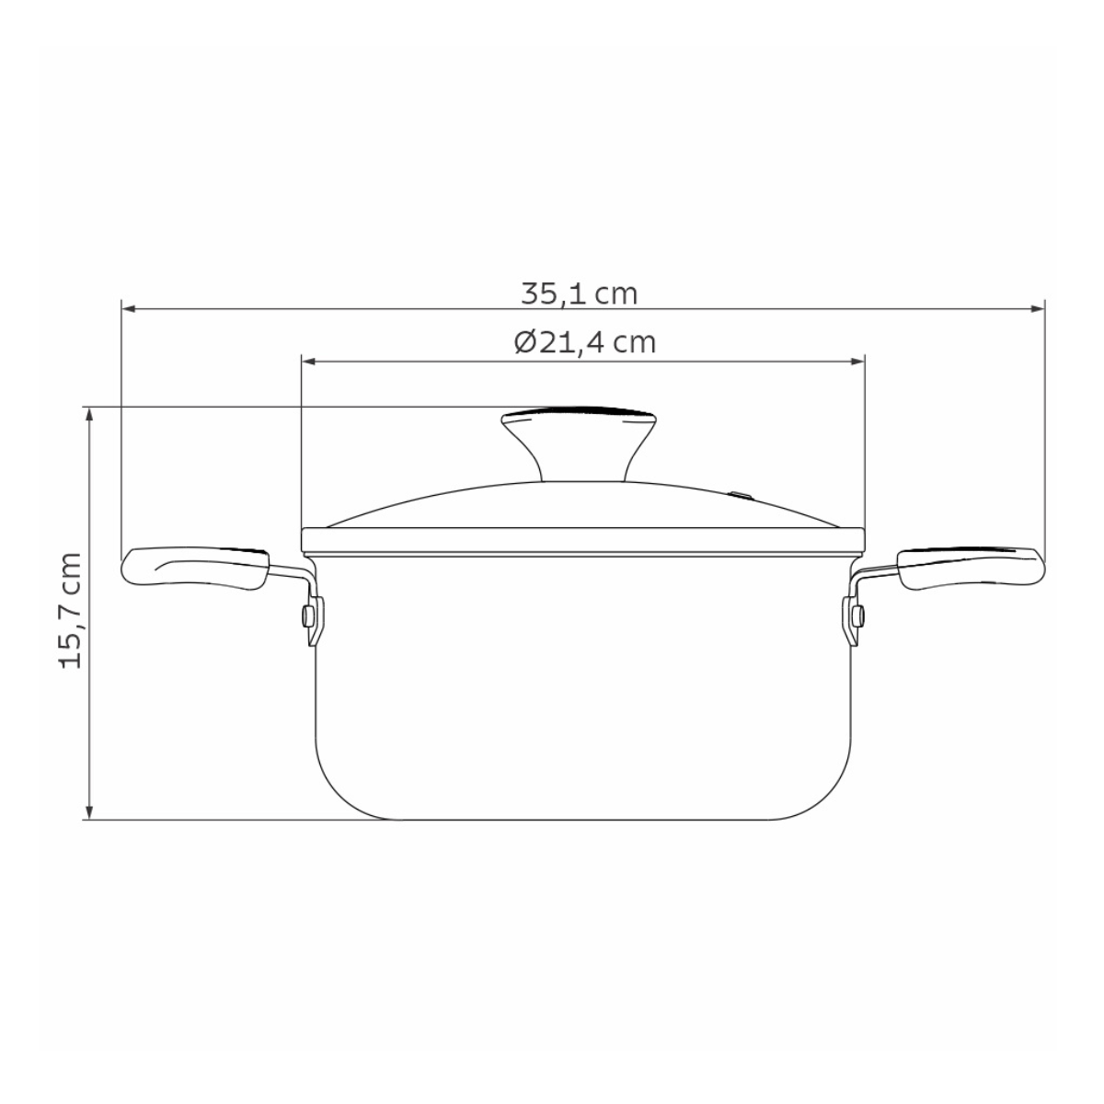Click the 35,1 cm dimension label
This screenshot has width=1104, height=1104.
[x=580, y=293]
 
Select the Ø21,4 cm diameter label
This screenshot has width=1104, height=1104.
[x=585, y=342]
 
